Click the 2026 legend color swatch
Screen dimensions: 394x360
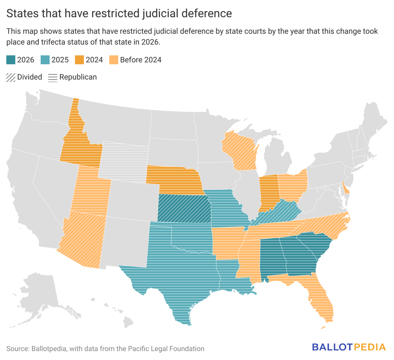tap(11, 60)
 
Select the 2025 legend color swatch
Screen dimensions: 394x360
tap(45, 60)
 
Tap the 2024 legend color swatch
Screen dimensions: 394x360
tap(79, 60)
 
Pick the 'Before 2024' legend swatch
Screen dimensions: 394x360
tap(114, 60)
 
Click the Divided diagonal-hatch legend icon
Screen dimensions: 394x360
tap(11, 77)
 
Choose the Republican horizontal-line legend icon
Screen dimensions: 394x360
tap(53, 77)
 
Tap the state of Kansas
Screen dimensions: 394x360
tap(184, 209)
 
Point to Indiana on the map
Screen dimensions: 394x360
tap(269, 192)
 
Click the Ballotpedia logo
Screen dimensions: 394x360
tap(349, 347)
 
